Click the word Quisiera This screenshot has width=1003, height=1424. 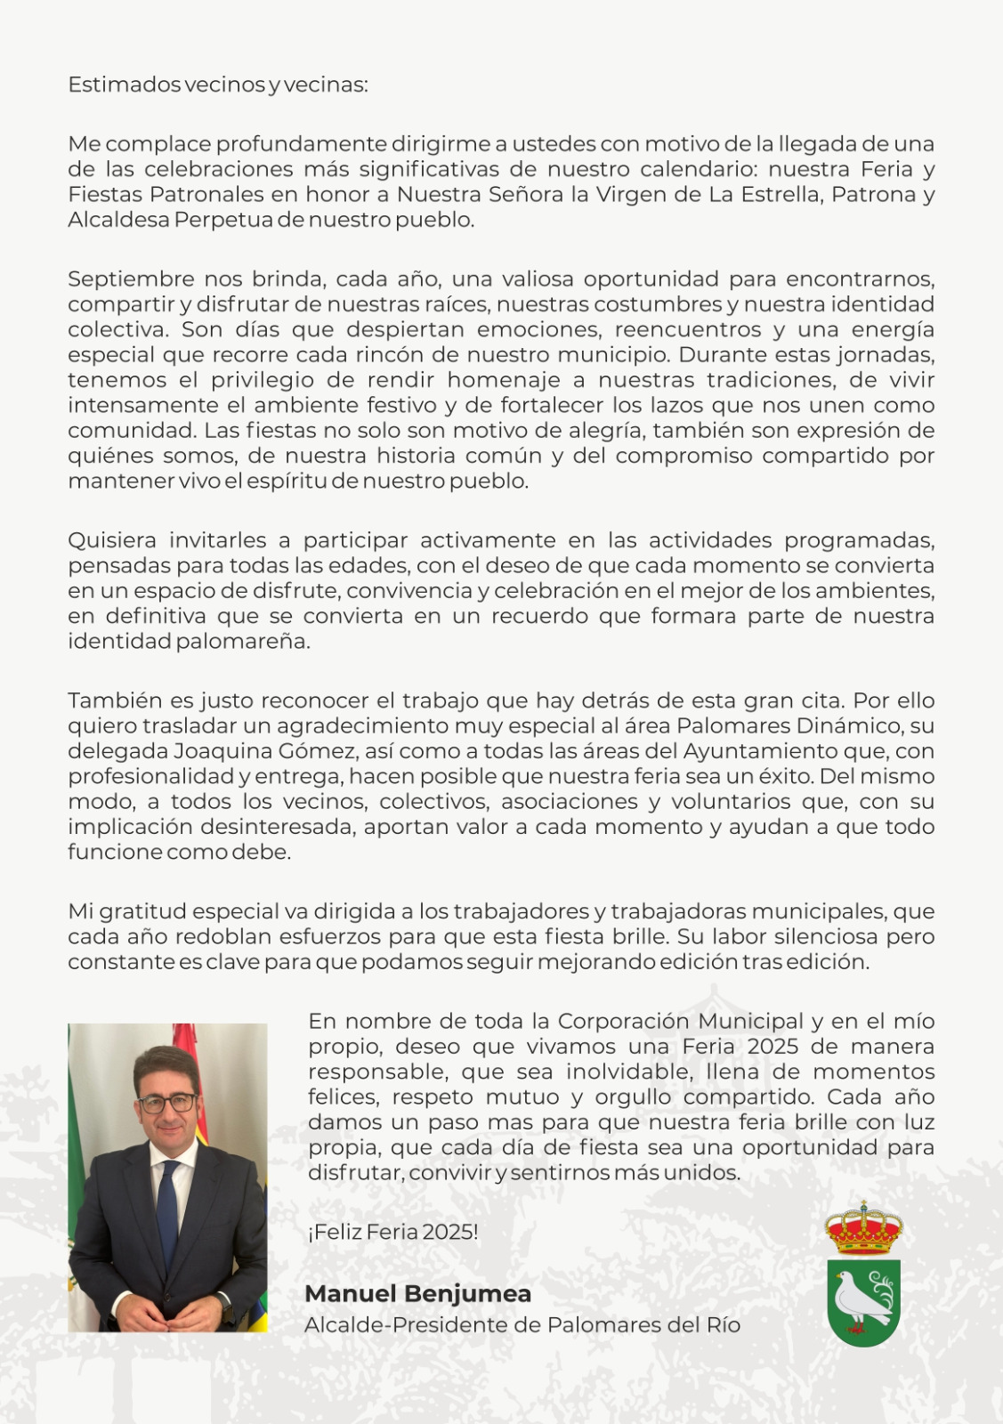[x=111, y=541]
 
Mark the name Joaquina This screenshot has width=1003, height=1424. [x=213, y=752]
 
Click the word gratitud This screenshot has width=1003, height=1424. [x=141, y=912]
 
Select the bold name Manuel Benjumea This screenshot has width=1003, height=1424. [x=417, y=1294]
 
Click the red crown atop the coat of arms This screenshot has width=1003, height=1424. [x=864, y=1226]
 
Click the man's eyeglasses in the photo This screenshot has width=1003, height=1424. [x=166, y=1103]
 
